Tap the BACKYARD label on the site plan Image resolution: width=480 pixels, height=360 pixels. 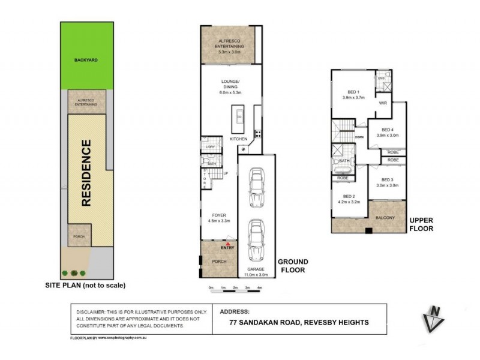click(x=86, y=61)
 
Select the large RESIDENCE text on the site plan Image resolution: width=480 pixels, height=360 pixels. click(x=86, y=173)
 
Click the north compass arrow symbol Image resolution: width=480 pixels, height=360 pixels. click(x=434, y=318)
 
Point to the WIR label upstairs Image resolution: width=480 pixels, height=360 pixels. click(x=383, y=103)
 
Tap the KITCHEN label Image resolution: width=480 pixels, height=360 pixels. click(x=238, y=139)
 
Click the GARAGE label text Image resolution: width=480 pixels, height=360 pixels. click(x=256, y=269)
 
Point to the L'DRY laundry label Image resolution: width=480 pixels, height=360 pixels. click(x=210, y=147)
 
